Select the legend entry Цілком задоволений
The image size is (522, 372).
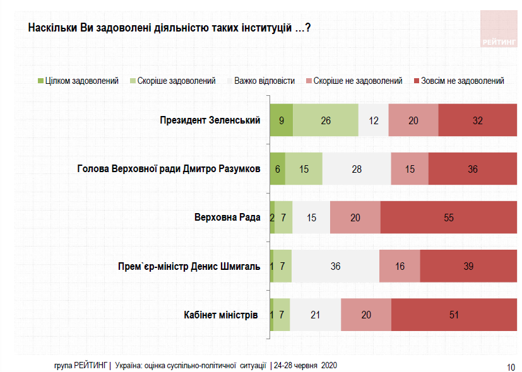pyautogui.click(x=79, y=81)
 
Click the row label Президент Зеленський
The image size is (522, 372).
pyautogui.click(x=210, y=120)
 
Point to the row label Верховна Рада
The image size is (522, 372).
pyautogui.click(x=227, y=218)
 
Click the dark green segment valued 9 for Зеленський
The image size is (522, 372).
pyautogui.click(x=281, y=120)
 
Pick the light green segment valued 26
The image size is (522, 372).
pyautogui.click(x=326, y=120)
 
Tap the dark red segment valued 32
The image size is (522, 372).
pyautogui.click(x=477, y=120)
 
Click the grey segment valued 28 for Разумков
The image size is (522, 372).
pyautogui.click(x=357, y=169)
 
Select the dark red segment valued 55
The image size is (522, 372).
pyautogui.click(x=449, y=218)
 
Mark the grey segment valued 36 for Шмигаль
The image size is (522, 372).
pyautogui.click(x=335, y=266)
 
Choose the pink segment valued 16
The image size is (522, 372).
pyautogui.click(x=400, y=266)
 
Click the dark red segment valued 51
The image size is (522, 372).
pyautogui.click(x=454, y=315)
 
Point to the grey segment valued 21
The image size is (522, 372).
pyautogui.click(x=315, y=315)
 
